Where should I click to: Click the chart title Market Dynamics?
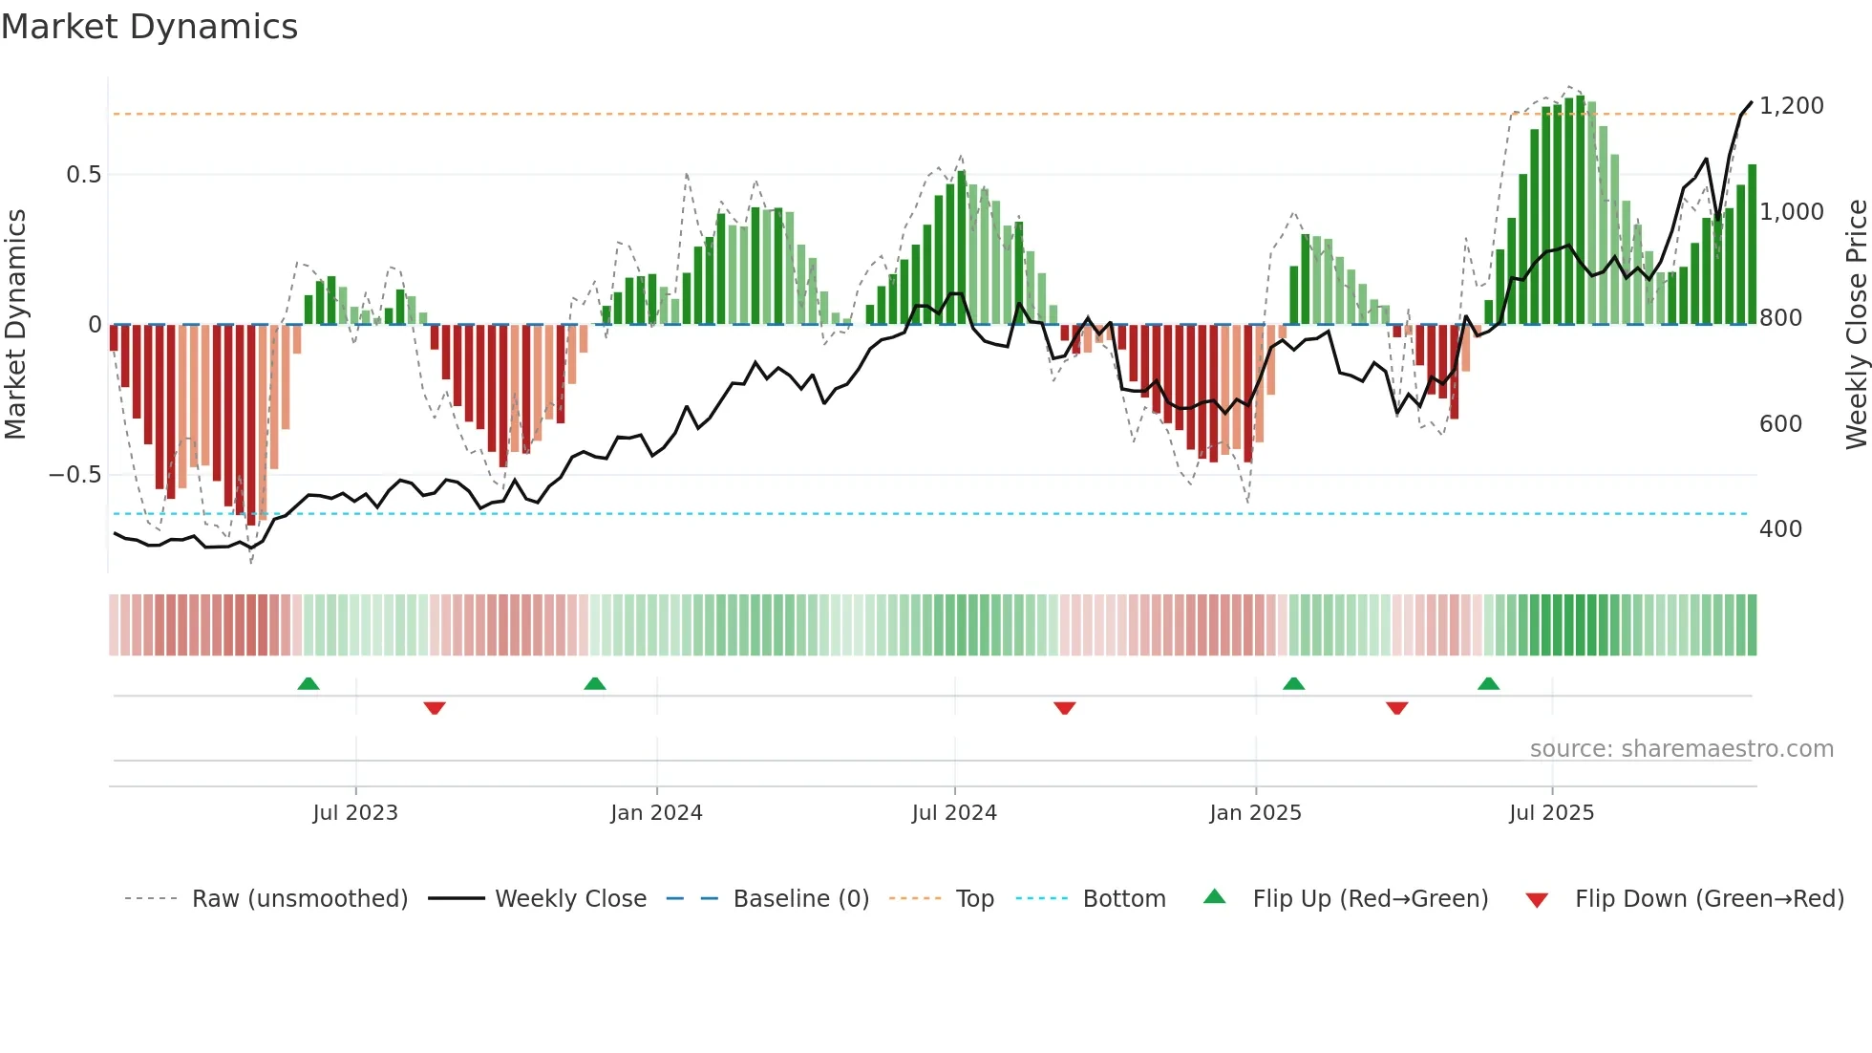tap(149, 27)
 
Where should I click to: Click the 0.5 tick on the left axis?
tap(83, 175)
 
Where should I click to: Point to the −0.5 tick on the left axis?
tap(75, 475)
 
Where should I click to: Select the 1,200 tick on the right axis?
tap(1791, 106)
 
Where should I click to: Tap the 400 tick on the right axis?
tap(1780, 529)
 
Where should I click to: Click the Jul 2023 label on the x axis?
tap(354, 813)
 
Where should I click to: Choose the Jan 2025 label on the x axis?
tap(1255, 813)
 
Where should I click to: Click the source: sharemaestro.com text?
tap(1681, 749)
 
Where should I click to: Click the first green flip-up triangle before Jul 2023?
tap(308, 684)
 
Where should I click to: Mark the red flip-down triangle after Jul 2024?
tap(1064, 708)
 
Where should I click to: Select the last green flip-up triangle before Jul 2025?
tap(1488, 684)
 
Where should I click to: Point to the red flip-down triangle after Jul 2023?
tap(434, 708)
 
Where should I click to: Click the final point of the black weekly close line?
tap(1752, 102)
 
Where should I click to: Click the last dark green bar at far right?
tap(1752, 245)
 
